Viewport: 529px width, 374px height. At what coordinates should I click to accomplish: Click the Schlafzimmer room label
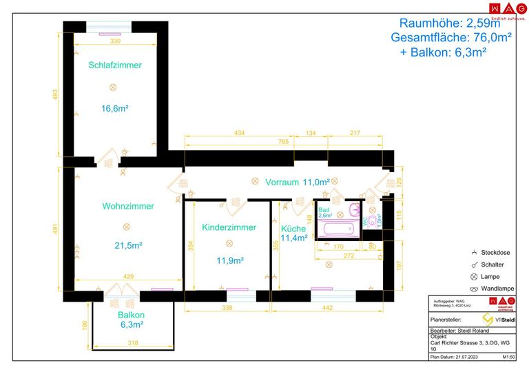click(115, 65)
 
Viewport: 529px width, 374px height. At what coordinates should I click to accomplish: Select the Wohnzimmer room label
click(128, 206)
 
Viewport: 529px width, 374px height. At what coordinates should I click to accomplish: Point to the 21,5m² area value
click(128, 245)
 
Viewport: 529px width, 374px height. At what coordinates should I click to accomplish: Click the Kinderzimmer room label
click(229, 227)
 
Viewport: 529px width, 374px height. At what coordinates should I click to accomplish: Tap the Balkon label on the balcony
click(130, 314)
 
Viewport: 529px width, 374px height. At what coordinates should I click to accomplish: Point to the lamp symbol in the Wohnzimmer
click(126, 227)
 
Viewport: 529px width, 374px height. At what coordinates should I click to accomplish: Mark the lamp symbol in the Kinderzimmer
click(229, 243)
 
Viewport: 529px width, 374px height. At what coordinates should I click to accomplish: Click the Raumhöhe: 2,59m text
click(454, 23)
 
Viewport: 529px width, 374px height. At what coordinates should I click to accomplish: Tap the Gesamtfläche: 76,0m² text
click(450, 38)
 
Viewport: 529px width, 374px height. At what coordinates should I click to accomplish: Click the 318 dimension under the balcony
click(134, 342)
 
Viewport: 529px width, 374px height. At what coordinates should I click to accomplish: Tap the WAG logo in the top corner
click(502, 9)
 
